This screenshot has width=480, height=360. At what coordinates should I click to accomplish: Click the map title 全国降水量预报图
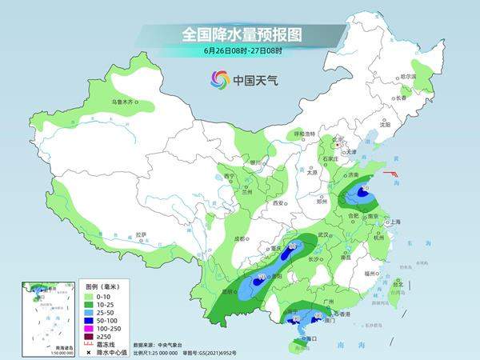click(x=239, y=34)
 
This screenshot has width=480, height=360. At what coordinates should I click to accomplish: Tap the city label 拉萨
click(x=141, y=234)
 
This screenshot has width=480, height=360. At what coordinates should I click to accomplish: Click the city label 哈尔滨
click(x=409, y=76)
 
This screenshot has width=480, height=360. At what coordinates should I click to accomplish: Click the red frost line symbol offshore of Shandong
click(x=391, y=174)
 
